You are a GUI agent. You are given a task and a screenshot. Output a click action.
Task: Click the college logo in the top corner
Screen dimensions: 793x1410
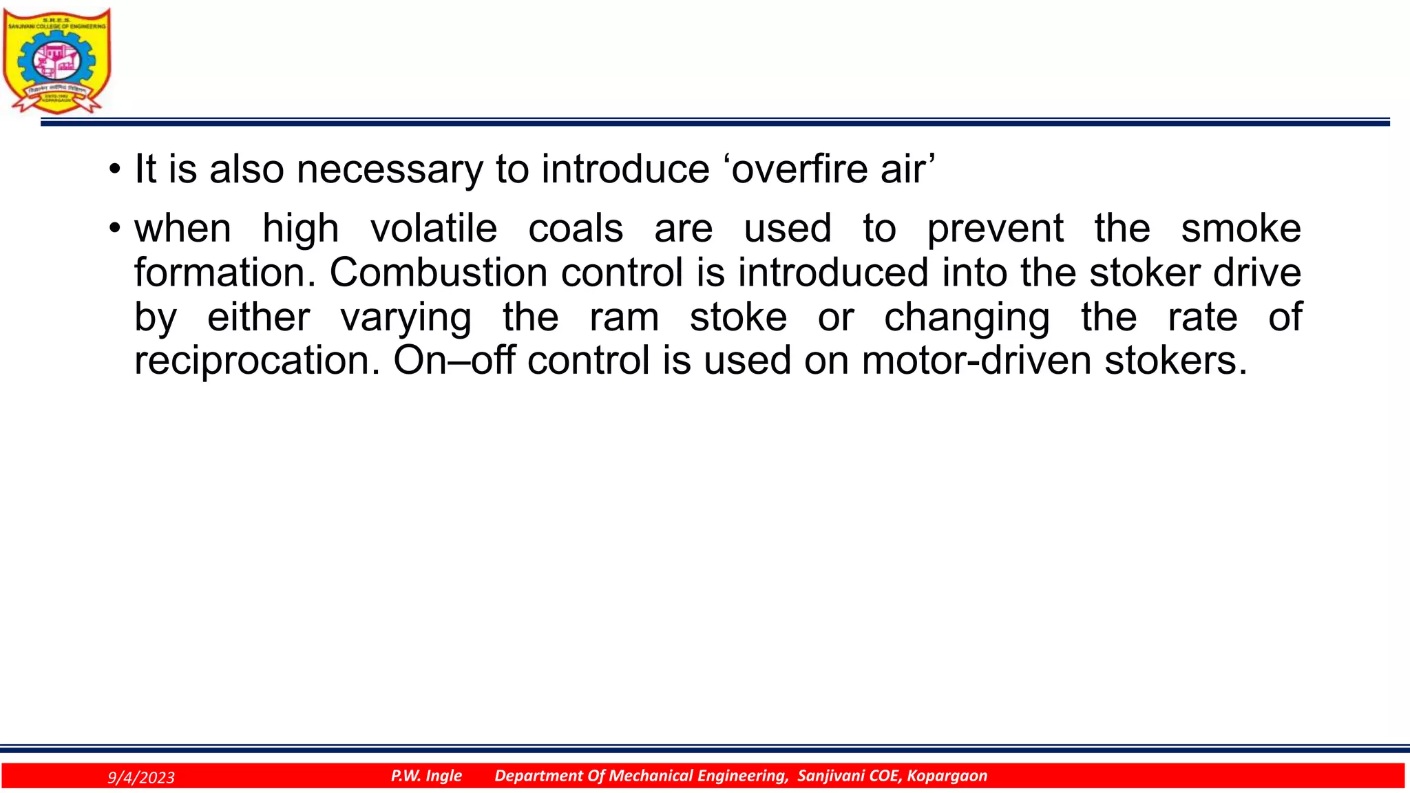(56, 61)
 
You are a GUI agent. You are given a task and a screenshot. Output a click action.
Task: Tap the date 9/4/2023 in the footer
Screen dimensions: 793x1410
(141, 778)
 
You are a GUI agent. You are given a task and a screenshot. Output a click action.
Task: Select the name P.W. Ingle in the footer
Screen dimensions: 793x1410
(426, 776)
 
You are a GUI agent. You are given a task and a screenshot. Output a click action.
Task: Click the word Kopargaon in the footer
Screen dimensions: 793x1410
(947, 776)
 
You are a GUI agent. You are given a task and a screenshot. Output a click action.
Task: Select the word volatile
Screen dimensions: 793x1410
(434, 229)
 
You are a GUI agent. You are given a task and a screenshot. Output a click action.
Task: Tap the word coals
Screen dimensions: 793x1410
(576, 229)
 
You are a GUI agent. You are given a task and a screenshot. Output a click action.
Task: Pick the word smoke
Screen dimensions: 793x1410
(1241, 229)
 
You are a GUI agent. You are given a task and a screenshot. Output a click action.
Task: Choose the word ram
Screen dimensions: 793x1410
(624, 317)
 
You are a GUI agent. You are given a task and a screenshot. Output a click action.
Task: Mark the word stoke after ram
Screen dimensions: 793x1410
(738, 317)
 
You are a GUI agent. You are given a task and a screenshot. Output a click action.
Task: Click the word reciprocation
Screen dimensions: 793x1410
(257, 361)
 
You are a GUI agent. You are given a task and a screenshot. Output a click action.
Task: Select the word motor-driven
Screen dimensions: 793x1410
(976, 360)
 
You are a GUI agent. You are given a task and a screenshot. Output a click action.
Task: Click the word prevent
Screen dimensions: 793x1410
(995, 229)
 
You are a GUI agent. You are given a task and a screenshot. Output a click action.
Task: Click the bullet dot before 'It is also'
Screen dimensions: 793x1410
(115, 169)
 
